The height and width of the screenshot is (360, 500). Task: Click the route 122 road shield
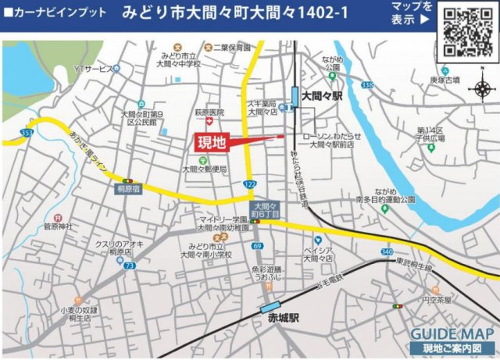pyautogui.click(x=249, y=184)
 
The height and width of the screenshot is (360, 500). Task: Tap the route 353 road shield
pyautogui.click(x=27, y=134)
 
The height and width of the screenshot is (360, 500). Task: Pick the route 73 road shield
pyautogui.click(x=129, y=266)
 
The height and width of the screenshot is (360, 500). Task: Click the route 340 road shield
pyautogui.click(x=387, y=251)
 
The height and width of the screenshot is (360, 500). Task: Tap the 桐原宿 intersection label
pyautogui.click(x=127, y=188)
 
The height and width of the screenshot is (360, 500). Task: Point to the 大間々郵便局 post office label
pyautogui.click(x=204, y=168)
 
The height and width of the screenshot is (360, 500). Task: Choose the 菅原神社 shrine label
pyautogui.click(x=58, y=226)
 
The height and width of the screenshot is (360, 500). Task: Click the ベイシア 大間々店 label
pyautogui.click(x=319, y=254)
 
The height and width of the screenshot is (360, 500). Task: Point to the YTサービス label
pyautogui.click(x=93, y=70)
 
